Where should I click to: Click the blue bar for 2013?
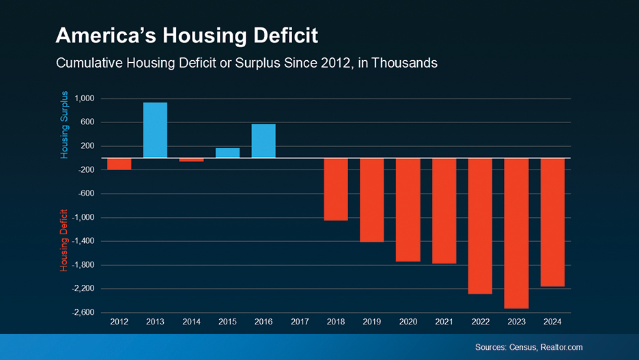pyautogui.click(x=155, y=130)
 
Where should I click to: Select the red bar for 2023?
pyautogui.click(x=516, y=233)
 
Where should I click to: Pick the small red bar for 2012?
pyautogui.click(x=119, y=164)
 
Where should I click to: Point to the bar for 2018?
pyautogui.click(x=336, y=189)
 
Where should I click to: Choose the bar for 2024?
pyautogui.click(x=552, y=222)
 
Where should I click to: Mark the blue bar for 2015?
pyautogui.click(x=227, y=153)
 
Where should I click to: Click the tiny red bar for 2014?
pyautogui.click(x=191, y=160)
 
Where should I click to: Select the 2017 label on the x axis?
pyautogui.click(x=300, y=322)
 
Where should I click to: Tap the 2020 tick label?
pyautogui.click(x=408, y=322)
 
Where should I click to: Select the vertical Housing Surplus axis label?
pyautogui.click(x=64, y=124)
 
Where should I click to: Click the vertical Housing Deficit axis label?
pyautogui.click(x=64, y=240)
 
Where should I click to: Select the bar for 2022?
pyautogui.click(x=480, y=226)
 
